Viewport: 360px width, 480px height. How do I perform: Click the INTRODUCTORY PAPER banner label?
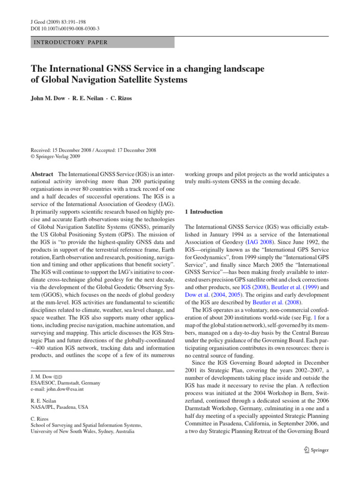69,43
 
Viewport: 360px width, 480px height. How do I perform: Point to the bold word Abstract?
42,174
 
